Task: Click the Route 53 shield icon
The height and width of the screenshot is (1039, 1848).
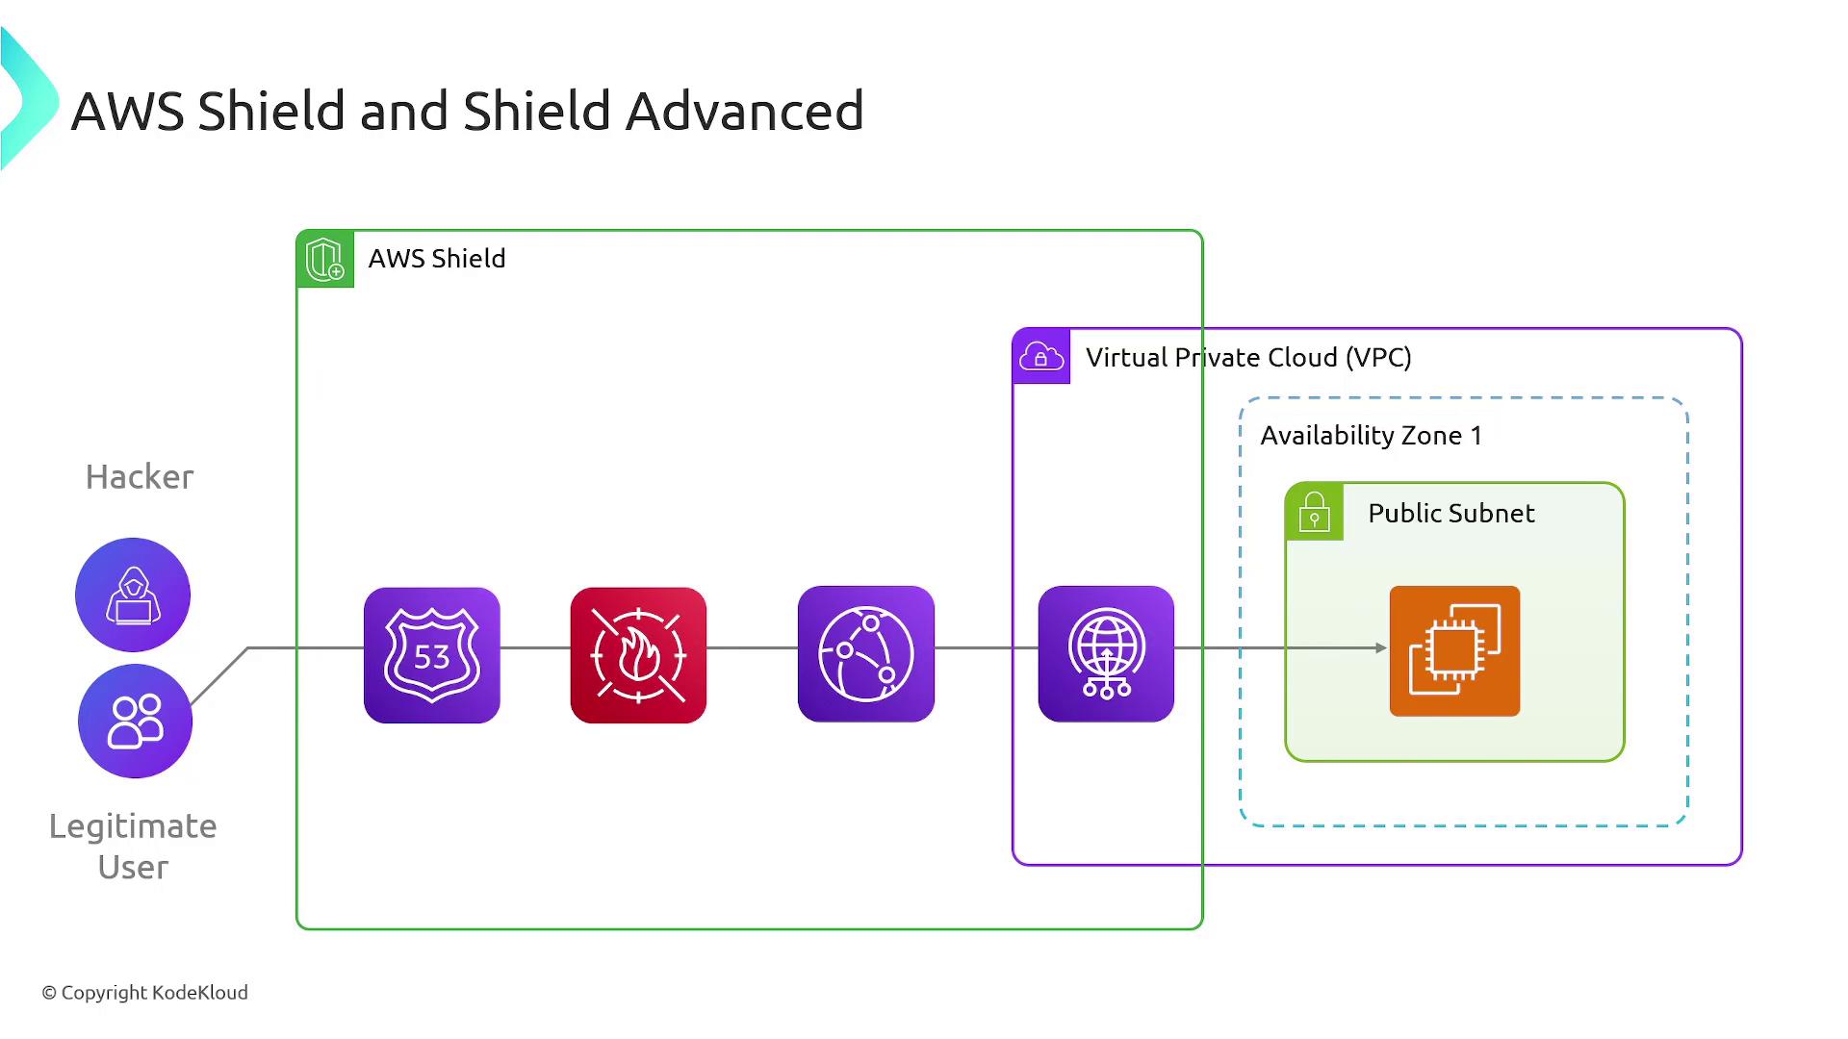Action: (x=432, y=655)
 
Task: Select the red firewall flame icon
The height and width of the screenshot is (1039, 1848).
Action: (x=638, y=655)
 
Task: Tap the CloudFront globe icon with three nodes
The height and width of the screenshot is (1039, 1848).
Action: (x=866, y=654)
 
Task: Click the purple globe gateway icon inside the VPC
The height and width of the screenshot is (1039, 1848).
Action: (x=1106, y=654)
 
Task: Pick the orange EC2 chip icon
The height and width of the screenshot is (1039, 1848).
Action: (x=1454, y=651)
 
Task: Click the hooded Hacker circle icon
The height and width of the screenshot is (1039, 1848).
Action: (x=133, y=595)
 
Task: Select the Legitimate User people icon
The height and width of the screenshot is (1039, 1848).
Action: (x=135, y=721)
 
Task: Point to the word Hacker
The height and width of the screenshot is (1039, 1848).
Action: (x=140, y=477)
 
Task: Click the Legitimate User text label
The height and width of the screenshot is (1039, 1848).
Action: (x=133, y=847)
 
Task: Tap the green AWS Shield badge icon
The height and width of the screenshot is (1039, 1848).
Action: (x=325, y=259)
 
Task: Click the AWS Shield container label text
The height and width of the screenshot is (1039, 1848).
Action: (x=437, y=259)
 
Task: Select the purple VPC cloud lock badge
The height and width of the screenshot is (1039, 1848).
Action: (x=1041, y=357)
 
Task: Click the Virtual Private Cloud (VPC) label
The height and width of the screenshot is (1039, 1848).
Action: (x=1248, y=358)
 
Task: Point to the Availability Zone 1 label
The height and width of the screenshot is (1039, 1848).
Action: (x=1371, y=436)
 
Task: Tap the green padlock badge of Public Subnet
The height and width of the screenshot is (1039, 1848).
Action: (x=1314, y=512)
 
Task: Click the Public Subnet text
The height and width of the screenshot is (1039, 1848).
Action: (x=1450, y=514)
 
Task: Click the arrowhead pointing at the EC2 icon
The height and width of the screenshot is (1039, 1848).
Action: (x=1380, y=648)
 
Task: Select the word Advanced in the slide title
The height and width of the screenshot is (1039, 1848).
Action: (x=744, y=111)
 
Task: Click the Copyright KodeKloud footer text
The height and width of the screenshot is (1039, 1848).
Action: (x=145, y=993)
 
